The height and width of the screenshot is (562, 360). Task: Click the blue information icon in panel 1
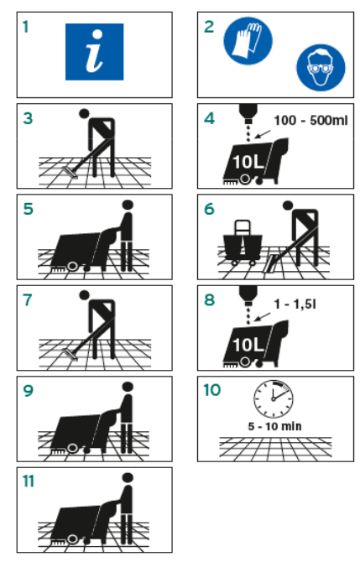[x=94, y=52]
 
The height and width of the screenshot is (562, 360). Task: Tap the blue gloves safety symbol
[x=248, y=40]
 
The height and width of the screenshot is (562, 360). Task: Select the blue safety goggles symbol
[x=321, y=67]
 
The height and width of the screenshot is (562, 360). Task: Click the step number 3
[x=28, y=118]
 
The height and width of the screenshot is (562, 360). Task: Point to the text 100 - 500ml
[x=310, y=121]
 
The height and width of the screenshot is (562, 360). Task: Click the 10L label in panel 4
[x=248, y=162]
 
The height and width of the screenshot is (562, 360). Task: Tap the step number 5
[x=28, y=210]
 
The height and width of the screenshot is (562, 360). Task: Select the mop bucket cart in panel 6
[x=242, y=242]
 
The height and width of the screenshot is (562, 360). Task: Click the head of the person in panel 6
[x=288, y=206]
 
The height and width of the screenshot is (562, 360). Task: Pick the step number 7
[x=28, y=300]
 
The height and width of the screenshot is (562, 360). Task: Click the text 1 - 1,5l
[x=295, y=304]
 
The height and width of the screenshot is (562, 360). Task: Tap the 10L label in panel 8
[x=248, y=345]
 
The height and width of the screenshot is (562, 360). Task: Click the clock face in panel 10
[x=274, y=399]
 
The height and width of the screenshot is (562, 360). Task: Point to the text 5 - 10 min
[x=274, y=426]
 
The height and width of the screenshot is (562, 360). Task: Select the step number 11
[x=29, y=481]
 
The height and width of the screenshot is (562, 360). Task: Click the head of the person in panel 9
[x=128, y=387]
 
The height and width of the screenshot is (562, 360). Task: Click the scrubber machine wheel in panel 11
[x=73, y=539]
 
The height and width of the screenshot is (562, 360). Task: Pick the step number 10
[x=212, y=390]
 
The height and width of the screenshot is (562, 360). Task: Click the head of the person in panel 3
[x=84, y=113]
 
